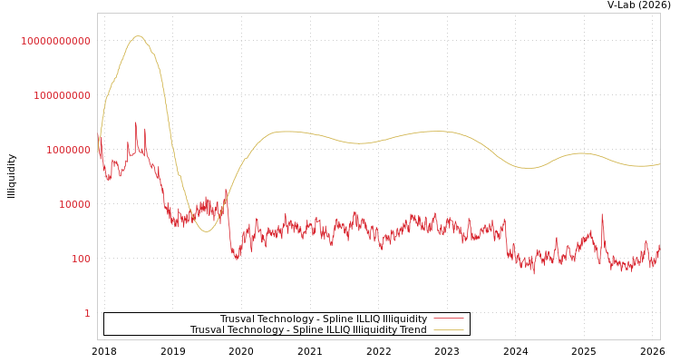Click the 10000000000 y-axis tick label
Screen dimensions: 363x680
click(56, 41)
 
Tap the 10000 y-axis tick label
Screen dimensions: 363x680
click(74, 204)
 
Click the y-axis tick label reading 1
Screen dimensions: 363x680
click(87, 313)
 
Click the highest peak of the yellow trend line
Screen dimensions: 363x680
click(139, 36)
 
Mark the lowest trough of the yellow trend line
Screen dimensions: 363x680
click(207, 231)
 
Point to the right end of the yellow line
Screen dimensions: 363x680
click(659, 164)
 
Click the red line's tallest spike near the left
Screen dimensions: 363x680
click(136, 123)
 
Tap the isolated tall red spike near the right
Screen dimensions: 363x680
click(602, 215)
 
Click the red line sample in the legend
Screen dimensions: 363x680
click(448, 319)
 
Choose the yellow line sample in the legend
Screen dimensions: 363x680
click(448, 330)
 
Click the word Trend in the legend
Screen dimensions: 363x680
click(413, 330)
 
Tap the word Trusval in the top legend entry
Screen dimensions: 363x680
click(238, 319)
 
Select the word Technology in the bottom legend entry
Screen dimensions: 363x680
click(260, 330)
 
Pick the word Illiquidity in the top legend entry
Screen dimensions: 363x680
click(404, 319)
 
